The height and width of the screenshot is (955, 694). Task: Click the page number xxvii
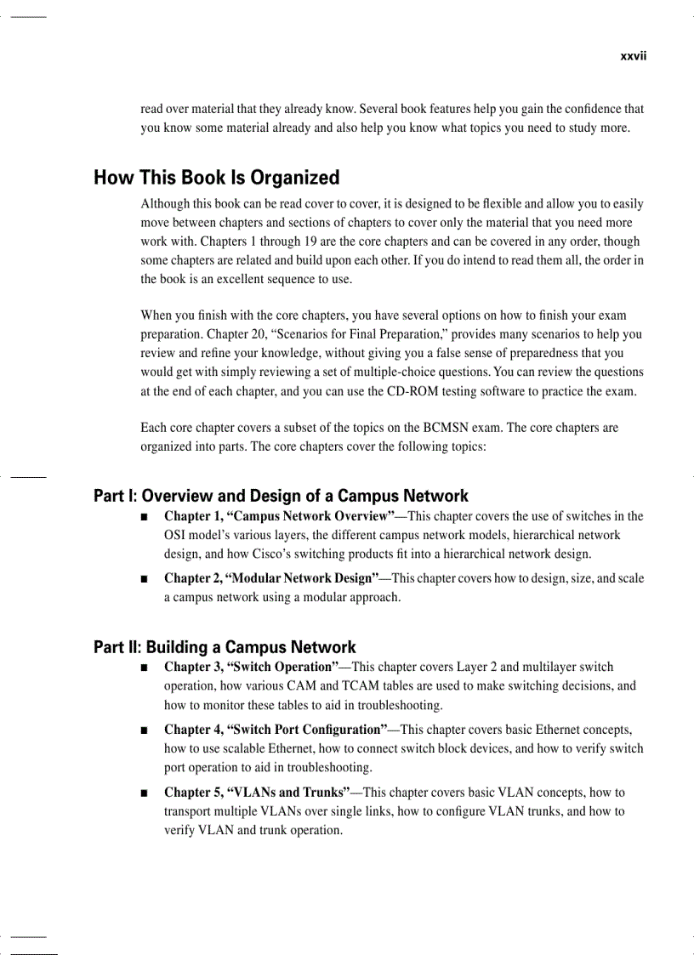pyautogui.click(x=633, y=56)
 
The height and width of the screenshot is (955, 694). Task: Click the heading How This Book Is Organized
pyautogui.click(x=216, y=178)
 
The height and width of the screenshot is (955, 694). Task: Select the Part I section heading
pyautogui.click(x=281, y=496)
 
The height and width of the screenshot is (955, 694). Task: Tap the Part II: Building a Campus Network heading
pyautogui.click(x=225, y=648)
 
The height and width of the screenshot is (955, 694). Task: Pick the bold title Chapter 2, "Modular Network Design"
pyautogui.click(x=271, y=578)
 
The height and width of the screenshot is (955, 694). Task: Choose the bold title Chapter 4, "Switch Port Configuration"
pyautogui.click(x=276, y=730)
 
